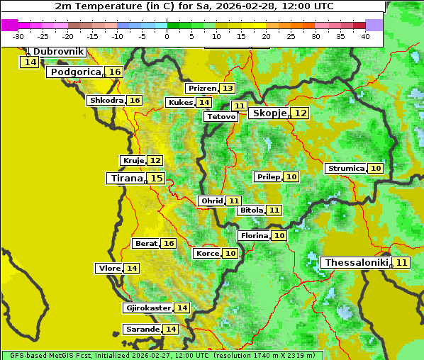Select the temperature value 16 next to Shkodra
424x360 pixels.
[135, 101]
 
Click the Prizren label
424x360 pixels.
[201, 89]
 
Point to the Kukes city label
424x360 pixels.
[180, 103]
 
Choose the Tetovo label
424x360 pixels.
[221, 116]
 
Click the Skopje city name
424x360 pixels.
[269, 113]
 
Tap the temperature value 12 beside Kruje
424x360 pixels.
[155, 161]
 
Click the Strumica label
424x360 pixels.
[345, 169]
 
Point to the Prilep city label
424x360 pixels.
[268, 176]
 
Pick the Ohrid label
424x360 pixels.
[211, 201]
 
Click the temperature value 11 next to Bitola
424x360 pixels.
[274, 210]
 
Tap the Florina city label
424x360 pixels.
[254, 235]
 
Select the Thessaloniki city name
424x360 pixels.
[355, 263]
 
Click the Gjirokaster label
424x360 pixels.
[147, 308]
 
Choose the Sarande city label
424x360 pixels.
[142, 330]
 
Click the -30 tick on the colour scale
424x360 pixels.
[18, 36]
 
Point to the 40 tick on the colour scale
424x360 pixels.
[365, 36]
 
